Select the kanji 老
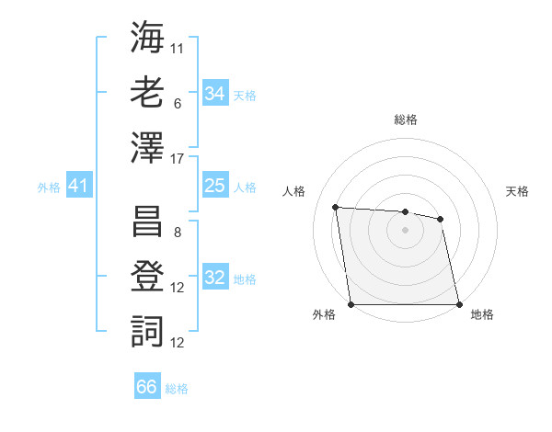pyautogui.click(x=148, y=94)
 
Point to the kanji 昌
pyautogui.click(x=148, y=222)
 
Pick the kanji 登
pyautogui.click(x=148, y=278)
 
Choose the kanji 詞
pyautogui.click(x=148, y=332)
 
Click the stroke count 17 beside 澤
pyautogui.click(x=178, y=158)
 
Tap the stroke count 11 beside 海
pyautogui.click(x=178, y=48)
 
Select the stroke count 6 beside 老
pyautogui.click(x=178, y=104)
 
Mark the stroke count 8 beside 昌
pyautogui.click(x=178, y=233)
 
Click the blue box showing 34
pyautogui.click(x=215, y=93)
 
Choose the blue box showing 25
pyautogui.click(x=215, y=186)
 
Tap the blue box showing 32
pyautogui.click(x=215, y=278)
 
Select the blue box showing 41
pyautogui.click(x=78, y=187)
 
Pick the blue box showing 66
pyautogui.click(x=147, y=387)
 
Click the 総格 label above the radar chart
pyautogui.click(x=406, y=119)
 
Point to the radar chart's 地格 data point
pyautogui.click(x=459, y=304)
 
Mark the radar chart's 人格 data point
pyautogui.click(x=336, y=207)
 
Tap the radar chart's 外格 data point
pyautogui.click(x=351, y=304)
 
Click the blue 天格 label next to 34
pyautogui.click(x=245, y=95)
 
